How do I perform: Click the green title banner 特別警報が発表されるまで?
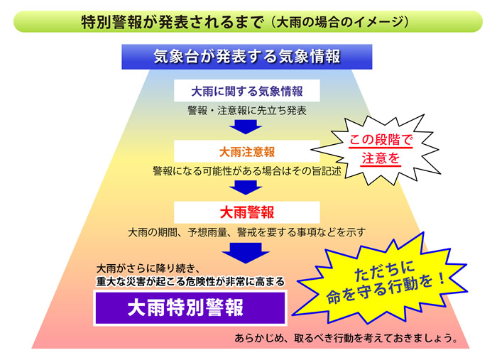(248, 21)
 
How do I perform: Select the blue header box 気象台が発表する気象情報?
(247, 57)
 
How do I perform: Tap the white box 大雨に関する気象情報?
(247, 91)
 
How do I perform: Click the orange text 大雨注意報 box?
(247, 151)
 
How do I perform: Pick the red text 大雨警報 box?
(247, 212)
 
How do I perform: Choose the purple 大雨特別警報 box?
(190, 307)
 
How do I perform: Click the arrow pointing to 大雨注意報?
(246, 127)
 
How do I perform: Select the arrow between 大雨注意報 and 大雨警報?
(246, 187)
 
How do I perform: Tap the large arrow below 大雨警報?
(246, 253)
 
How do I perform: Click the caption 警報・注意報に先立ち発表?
(247, 110)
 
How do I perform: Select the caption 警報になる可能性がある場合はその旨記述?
(247, 171)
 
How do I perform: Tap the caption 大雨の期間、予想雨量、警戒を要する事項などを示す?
(246, 232)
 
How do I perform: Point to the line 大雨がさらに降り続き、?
(148, 268)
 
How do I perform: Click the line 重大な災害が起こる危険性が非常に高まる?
(190, 281)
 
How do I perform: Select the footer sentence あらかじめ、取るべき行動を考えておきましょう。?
(346, 338)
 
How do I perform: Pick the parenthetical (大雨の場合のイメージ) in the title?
(341, 22)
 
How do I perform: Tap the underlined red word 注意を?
(381, 158)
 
